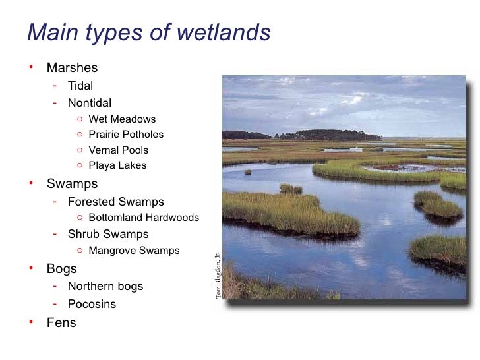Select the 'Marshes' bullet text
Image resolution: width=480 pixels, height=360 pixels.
click(x=72, y=68)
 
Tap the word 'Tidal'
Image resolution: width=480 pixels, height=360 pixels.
click(x=80, y=86)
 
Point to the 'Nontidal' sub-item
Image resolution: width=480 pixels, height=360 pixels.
click(x=90, y=103)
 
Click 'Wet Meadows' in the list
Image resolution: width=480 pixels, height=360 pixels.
click(x=122, y=119)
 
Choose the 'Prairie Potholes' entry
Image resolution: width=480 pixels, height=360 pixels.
click(x=126, y=135)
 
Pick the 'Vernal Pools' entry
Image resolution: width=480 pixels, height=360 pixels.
click(x=118, y=150)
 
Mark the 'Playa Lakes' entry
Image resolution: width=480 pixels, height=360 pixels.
click(x=117, y=165)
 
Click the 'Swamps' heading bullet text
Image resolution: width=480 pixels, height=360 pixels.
click(x=72, y=183)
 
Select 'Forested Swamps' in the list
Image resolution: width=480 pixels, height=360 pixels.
click(x=116, y=202)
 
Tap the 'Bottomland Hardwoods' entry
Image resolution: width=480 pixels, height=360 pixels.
click(x=143, y=218)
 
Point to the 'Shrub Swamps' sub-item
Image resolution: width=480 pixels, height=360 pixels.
click(x=108, y=234)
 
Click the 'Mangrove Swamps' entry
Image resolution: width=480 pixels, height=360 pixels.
click(x=134, y=251)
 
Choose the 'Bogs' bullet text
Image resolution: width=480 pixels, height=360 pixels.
click(x=61, y=269)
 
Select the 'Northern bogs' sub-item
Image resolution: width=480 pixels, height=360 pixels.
click(x=105, y=287)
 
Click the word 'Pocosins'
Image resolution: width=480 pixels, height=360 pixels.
click(x=92, y=305)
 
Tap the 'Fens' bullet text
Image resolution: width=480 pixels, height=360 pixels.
click(x=61, y=323)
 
